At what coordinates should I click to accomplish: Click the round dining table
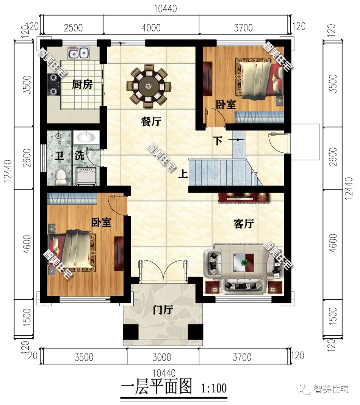pyautogui.click(x=149, y=85)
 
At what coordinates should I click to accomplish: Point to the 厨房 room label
pyautogui.click(x=82, y=85)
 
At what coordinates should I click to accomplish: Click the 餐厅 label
pyautogui.click(x=151, y=121)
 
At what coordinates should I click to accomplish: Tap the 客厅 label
pyautogui.click(x=244, y=223)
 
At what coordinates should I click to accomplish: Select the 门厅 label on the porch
pyautogui.click(x=163, y=309)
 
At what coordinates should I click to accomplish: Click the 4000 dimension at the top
pyautogui.click(x=151, y=28)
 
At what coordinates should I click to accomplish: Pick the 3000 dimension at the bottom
pyautogui.click(x=162, y=357)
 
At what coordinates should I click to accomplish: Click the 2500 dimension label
pyautogui.click(x=73, y=28)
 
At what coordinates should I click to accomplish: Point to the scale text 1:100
pyautogui.click(x=214, y=388)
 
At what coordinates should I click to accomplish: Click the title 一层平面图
pyautogui.click(x=157, y=387)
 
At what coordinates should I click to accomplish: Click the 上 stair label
pyautogui.click(x=183, y=174)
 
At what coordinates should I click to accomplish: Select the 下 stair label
pyautogui.click(x=218, y=141)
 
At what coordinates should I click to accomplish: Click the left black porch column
pyautogui.click(x=131, y=332)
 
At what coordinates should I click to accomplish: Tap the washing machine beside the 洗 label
pyautogui.click(x=87, y=176)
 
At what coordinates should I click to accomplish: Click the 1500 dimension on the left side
pyautogui.click(x=27, y=317)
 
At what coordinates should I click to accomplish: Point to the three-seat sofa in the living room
pyautogui.click(x=243, y=286)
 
